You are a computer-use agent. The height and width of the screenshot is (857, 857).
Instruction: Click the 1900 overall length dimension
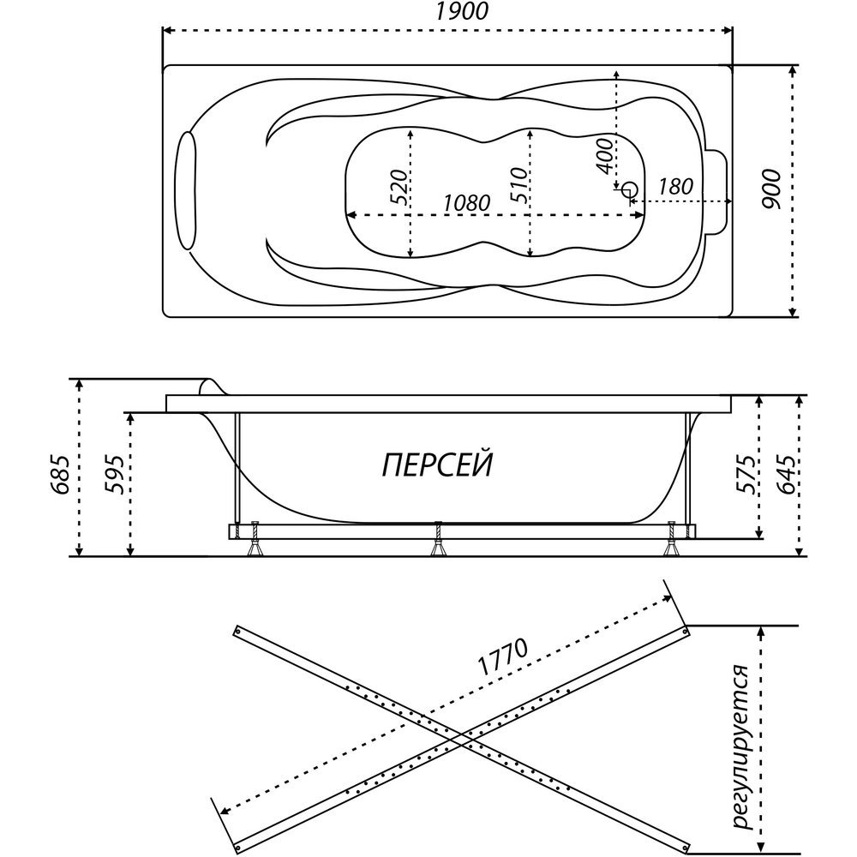point(462,11)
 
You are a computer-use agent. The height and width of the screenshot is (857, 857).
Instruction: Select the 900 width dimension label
point(771,189)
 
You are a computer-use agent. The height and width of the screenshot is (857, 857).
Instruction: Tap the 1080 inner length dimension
point(466,203)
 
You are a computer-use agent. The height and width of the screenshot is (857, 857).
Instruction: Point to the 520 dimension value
point(399,188)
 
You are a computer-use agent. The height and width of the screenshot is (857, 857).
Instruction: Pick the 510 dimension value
point(520,185)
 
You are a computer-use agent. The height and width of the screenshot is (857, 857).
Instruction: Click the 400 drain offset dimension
point(605,156)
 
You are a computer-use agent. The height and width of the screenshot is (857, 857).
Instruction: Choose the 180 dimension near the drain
point(675,186)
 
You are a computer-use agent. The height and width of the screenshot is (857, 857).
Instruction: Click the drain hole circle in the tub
point(630,190)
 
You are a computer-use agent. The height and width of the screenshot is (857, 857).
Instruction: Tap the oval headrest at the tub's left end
point(188,190)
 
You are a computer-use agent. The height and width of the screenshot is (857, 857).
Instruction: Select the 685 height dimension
point(61,475)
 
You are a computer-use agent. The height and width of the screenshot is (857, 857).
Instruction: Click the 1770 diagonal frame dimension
point(503,656)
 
